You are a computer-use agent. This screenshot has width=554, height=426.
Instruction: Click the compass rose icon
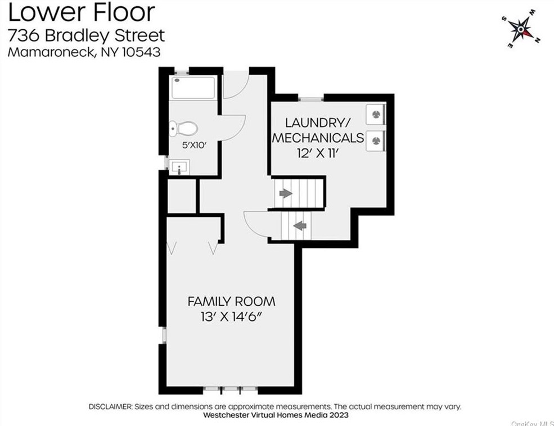point(521,29)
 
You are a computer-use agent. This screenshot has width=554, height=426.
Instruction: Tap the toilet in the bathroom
point(183,129)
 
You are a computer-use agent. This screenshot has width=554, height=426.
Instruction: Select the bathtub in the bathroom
point(193,88)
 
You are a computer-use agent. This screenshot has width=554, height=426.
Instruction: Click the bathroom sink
point(179,167)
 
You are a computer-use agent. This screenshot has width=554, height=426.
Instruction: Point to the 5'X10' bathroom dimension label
point(194,145)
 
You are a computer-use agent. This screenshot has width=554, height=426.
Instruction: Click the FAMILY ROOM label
point(231,302)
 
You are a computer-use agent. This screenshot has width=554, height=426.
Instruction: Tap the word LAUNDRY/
point(318,123)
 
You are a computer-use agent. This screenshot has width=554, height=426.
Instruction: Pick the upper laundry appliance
point(375,114)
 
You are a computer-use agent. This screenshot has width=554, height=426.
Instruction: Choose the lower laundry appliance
point(375,141)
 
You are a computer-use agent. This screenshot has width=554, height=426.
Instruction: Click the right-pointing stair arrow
point(286,193)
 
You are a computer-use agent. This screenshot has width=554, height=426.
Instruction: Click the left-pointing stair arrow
point(300,225)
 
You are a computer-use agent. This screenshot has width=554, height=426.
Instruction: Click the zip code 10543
point(141,52)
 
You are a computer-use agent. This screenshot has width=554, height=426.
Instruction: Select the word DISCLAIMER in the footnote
point(111,406)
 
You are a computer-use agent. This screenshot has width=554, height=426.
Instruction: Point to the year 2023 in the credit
point(339,415)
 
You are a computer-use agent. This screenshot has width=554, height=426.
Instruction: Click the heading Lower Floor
point(81,12)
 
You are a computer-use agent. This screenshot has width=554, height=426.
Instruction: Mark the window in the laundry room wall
point(311,98)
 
